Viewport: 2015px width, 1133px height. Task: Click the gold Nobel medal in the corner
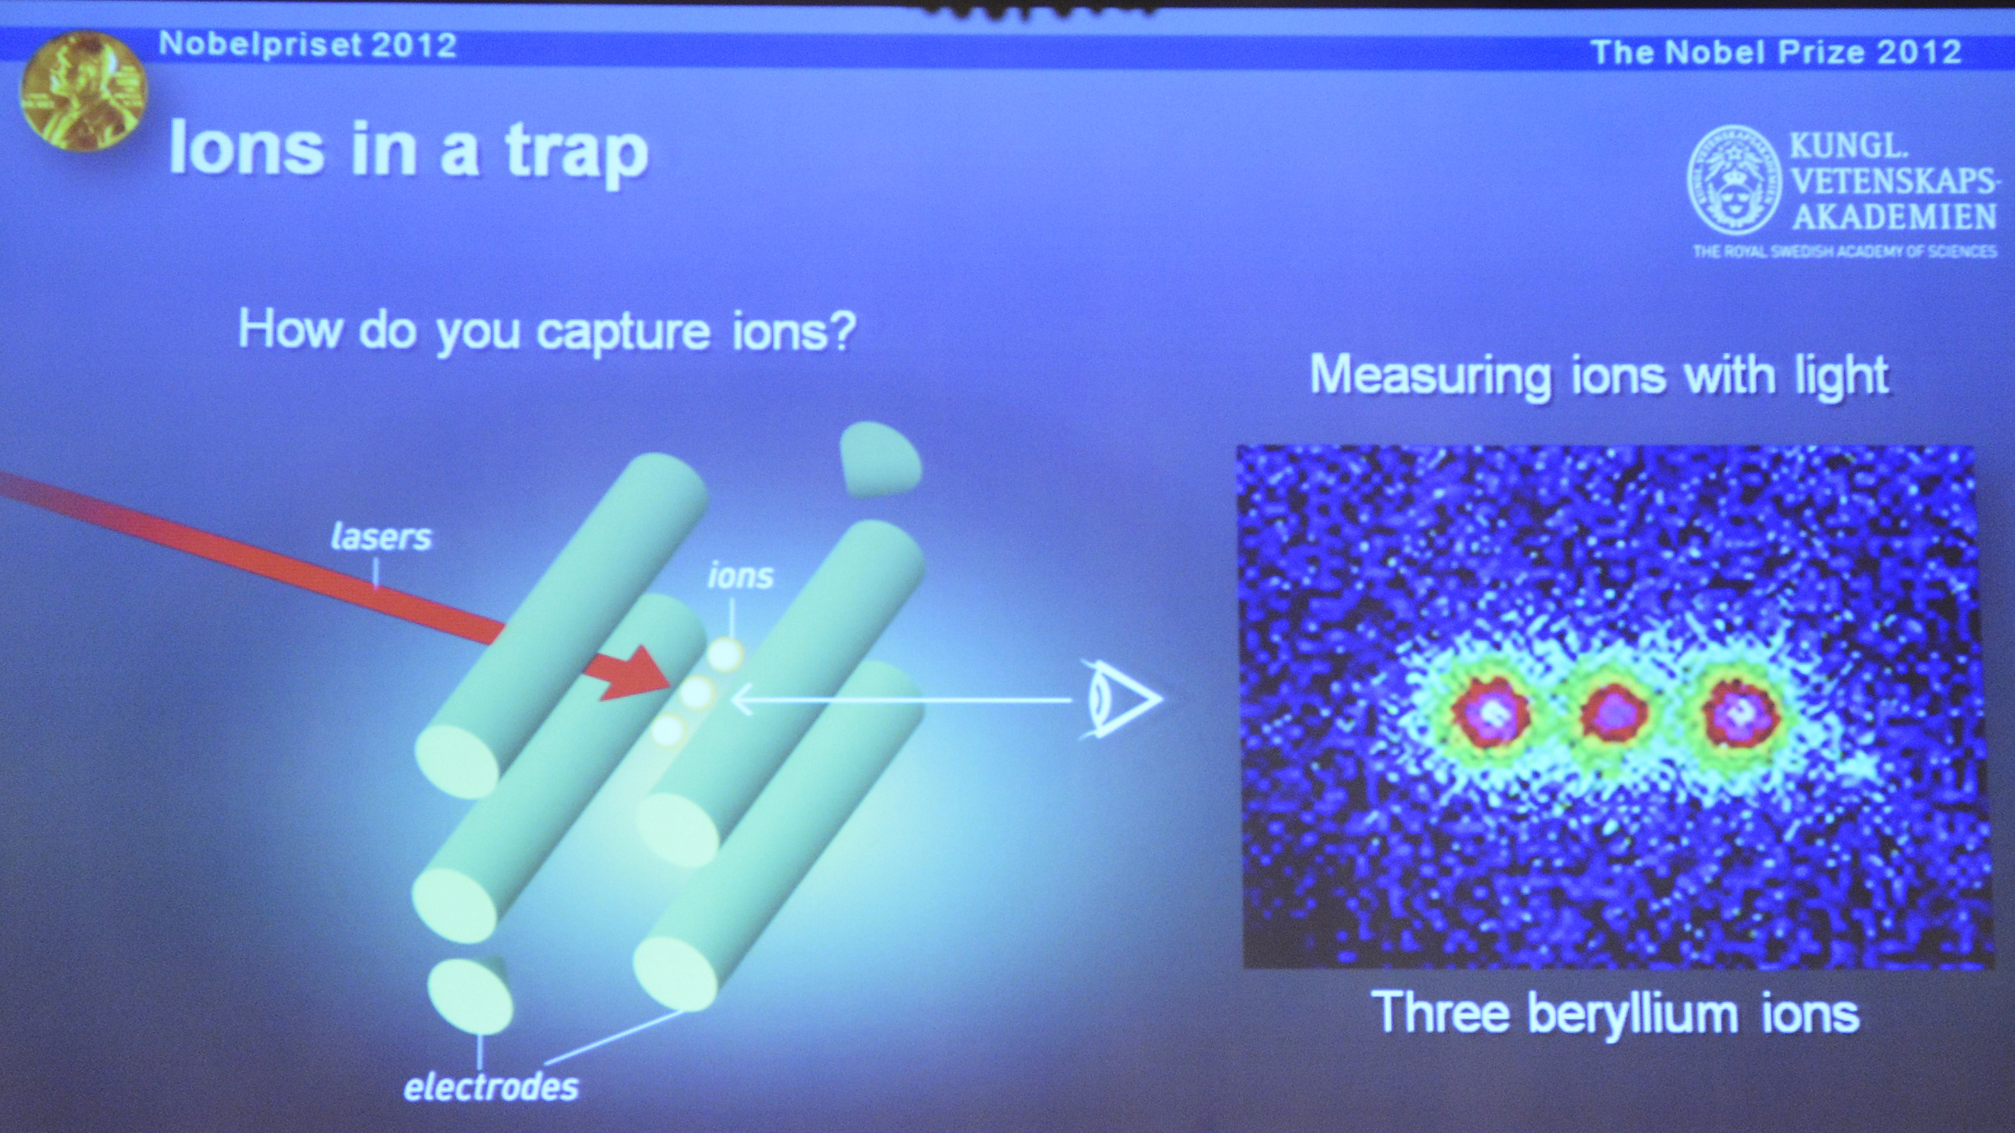[84, 93]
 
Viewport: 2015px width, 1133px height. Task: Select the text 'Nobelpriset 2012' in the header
[307, 45]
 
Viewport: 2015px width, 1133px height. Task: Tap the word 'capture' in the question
[622, 333]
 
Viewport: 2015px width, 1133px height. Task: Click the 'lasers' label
[381, 537]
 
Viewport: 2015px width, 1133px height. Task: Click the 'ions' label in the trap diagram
[740, 576]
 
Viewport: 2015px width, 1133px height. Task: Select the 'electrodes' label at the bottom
[491, 1087]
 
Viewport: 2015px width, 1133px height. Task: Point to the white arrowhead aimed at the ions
[741, 699]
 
